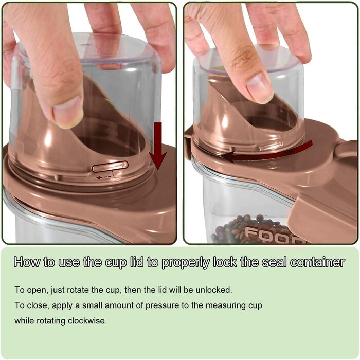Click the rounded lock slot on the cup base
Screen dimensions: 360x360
pos(110,166)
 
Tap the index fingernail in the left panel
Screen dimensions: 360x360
pos(67,112)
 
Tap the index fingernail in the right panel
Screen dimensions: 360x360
pos(260,88)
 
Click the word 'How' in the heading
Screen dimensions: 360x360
pos(27,262)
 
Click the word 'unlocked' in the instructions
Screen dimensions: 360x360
pos(213,290)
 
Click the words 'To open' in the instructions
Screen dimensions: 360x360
pos(31,290)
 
